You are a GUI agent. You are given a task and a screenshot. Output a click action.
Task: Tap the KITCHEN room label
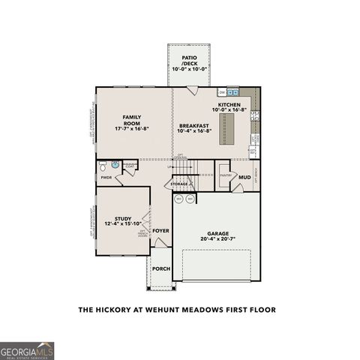(x=229, y=105)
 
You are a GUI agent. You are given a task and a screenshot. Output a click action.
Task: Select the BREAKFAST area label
(x=194, y=125)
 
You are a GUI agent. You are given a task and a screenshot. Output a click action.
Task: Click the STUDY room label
(x=123, y=217)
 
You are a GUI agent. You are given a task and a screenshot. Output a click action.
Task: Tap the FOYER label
(x=160, y=231)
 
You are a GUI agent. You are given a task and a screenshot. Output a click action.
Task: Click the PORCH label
(x=160, y=268)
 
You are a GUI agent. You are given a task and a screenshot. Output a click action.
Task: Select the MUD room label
(x=244, y=177)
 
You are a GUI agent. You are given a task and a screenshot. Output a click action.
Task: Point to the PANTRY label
(x=226, y=175)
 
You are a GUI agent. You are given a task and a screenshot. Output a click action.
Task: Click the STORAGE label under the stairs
(x=179, y=184)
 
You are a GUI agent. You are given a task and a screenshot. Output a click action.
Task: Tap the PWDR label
(x=106, y=178)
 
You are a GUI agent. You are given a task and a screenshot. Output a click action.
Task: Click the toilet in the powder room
(x=104, y=164)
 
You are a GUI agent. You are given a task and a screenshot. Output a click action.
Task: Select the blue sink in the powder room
(x=115, y=164)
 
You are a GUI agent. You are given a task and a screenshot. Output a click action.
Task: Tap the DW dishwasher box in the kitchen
(x=223, y=92)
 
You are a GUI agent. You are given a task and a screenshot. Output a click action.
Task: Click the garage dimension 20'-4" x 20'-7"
(x=219, y=239)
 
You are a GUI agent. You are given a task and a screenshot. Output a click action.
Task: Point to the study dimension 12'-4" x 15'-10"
(x=123, y=223)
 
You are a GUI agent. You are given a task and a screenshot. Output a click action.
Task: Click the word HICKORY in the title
(x=123, y=309)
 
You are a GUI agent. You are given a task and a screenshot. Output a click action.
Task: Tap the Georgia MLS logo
(x=27, y=350)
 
